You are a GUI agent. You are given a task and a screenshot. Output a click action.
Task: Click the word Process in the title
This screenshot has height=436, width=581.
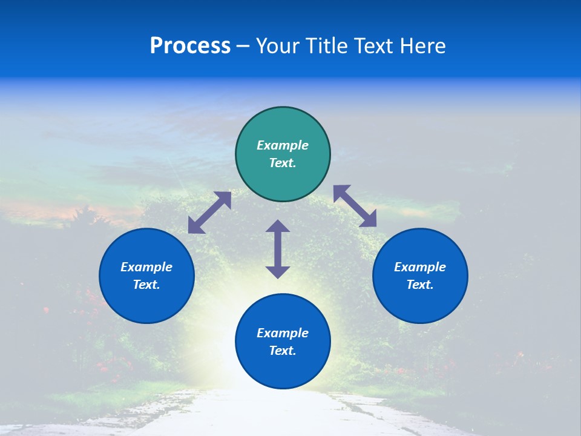click(190, 46)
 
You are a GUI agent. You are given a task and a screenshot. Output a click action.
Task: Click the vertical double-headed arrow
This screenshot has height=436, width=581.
click(278, 249)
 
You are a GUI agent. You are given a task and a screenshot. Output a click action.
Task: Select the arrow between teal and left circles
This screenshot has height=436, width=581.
click(209, 213)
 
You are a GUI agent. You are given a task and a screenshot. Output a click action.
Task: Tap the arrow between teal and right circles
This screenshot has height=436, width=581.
click(355, 206)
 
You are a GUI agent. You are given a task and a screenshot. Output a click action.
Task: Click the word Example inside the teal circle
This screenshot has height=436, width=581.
click(283, 145)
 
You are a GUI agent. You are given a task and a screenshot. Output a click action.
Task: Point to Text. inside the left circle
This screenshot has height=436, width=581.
click(146, 285)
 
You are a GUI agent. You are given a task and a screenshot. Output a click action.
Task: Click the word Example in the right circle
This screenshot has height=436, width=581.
click(420, 267)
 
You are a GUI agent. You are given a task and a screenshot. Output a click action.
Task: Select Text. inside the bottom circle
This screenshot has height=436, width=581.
click(283, 351)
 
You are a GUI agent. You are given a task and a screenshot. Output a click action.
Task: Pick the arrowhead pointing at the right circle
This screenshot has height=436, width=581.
click(369, 219)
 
